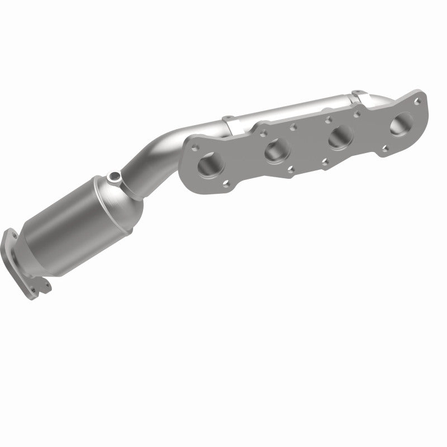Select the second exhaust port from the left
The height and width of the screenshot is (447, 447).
pos(276,150)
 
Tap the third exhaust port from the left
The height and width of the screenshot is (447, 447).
pos(339,137)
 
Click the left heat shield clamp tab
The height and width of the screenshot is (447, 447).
pos(229,121)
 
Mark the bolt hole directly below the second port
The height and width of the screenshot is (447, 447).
pos(290,168)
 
